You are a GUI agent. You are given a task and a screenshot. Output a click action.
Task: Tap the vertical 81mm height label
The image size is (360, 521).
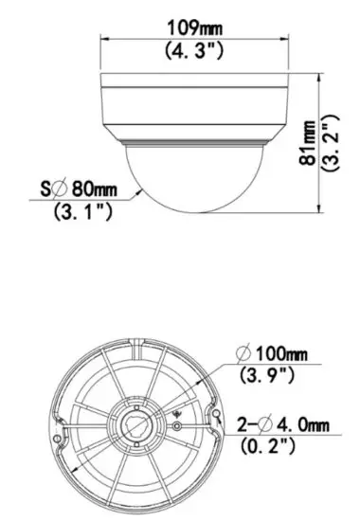tap(309, 142)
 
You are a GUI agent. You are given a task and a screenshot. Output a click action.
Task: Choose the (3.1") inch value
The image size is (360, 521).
tap(81, 212)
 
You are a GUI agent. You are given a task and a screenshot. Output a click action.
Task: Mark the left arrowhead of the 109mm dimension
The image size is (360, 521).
tap(105, 38)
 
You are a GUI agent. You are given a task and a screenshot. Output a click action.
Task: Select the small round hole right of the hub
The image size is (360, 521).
tap(175, 427)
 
